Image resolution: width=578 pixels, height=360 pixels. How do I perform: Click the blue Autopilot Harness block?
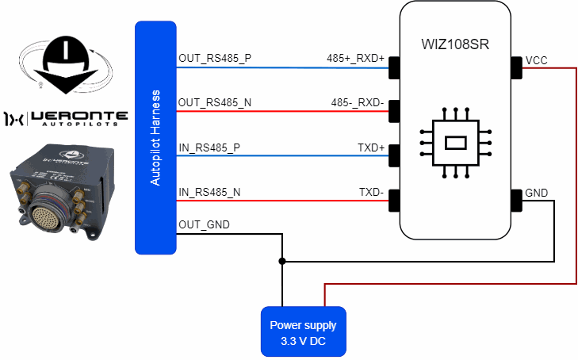coord(155,137)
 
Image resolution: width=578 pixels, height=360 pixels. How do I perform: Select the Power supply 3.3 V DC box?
coord(303,331)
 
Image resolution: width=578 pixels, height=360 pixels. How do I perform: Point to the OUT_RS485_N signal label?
coord(214,102)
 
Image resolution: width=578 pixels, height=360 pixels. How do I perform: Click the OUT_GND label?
coord(204,225)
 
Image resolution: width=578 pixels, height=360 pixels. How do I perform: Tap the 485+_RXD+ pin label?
coord(355,59)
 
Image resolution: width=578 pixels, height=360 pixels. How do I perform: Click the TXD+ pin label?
coord(371,147)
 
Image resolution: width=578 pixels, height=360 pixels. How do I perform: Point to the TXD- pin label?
coord(371,192)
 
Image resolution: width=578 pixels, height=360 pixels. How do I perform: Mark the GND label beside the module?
coord(537,192)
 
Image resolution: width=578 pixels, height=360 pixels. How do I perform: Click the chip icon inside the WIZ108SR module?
coord(455,143)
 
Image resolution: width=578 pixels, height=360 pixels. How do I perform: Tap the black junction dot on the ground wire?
coord(281,261)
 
